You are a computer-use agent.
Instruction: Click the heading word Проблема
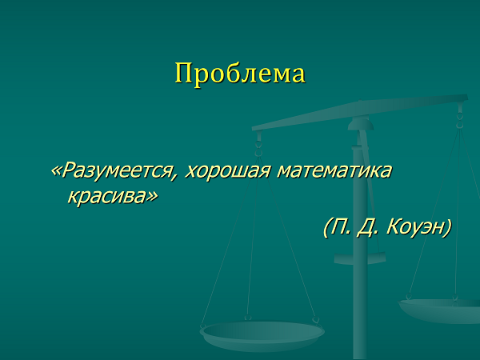coord(240,74)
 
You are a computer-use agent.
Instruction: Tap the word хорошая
coord(228,171)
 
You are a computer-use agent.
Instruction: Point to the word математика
coord(334,171)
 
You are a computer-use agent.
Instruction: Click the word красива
coord(106,196)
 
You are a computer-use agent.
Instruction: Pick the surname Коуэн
coord(414,226)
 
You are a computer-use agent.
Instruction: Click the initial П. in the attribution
coord(341,226)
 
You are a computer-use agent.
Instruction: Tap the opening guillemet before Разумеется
coord(56,171)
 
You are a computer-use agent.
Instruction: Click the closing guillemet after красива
coord(152,197)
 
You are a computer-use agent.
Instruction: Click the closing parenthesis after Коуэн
coord(447,228)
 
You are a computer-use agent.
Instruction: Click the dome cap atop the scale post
coord(361,124)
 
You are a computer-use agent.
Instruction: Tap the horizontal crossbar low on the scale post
coord(360,258)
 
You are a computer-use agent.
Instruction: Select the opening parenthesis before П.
coord(327,228)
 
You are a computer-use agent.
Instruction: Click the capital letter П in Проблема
coord(184,73)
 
